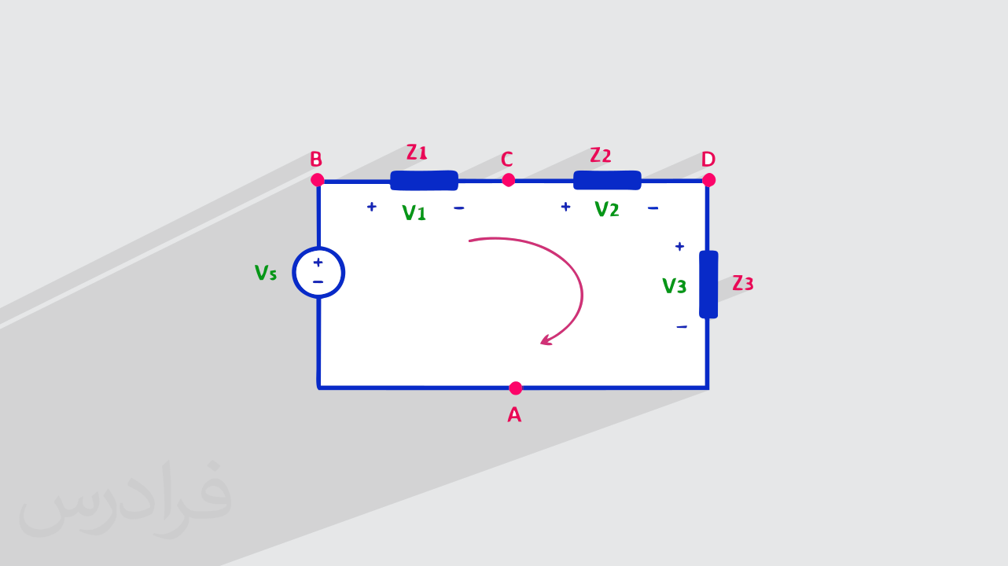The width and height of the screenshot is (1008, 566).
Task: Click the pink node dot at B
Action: click(317, 180)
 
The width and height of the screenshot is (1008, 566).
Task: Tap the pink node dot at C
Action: click(508, 180)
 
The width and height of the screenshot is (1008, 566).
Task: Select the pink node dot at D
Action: click(708, 180)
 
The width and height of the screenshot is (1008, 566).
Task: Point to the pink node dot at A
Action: click(516, 388)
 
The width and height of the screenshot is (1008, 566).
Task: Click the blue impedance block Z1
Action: click(424, 181)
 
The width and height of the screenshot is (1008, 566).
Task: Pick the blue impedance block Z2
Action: click(607, 180)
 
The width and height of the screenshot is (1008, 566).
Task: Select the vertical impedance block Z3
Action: click(708, 285)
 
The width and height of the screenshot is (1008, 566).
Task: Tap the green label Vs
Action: click(266, 273)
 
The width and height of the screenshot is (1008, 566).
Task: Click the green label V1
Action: click(414, 212)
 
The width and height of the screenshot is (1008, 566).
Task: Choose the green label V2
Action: click(606, 209)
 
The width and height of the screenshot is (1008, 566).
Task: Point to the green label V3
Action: click(674, 285)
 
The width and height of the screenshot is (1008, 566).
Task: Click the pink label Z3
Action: click(742, 283)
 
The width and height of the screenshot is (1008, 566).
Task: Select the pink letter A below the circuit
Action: click(514, 414)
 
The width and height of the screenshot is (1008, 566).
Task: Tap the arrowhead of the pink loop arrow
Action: click(546, 340)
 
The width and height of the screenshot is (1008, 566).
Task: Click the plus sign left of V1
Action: click(371, 207)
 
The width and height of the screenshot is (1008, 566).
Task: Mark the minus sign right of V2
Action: click(653, 208)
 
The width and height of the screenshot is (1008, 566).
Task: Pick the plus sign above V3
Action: click(679, 246)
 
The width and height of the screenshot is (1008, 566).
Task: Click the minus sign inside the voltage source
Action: click(318, 282)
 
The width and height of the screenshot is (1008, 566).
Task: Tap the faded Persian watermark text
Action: click(125, 499)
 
